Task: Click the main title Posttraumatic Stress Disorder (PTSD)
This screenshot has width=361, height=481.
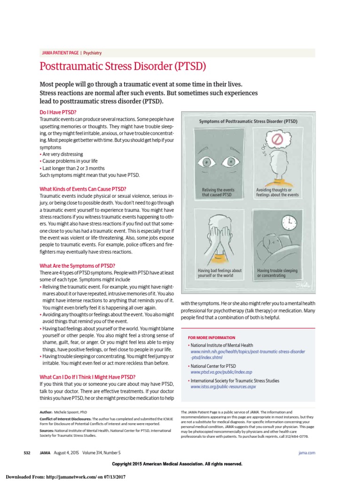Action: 123,66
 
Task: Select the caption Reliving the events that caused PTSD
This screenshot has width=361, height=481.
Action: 215,193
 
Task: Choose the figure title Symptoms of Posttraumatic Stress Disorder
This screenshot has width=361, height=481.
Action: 249,121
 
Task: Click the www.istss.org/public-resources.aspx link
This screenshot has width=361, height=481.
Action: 223,387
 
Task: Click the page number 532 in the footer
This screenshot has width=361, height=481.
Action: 27,452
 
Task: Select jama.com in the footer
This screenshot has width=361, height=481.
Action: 306,452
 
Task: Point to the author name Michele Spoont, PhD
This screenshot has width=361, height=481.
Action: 71,411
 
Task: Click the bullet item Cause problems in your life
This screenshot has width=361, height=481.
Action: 70,161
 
